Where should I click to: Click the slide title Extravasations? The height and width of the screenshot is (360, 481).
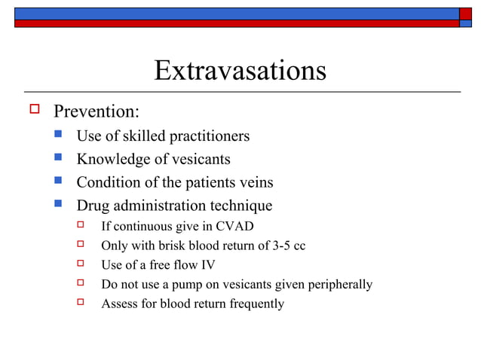click(x=240, y=71)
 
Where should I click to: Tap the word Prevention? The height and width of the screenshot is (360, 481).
click(x=96, y=111)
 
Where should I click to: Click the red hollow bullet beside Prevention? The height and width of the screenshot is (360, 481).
click(x=33, y=110)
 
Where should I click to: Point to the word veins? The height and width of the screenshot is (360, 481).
click(x=254, y=182)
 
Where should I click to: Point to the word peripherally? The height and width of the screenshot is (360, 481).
click(x=335, y=285)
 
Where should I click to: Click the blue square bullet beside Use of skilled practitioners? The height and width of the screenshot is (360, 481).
click(x=59, y=136)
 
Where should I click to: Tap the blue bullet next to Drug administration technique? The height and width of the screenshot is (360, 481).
click(x=59, y=204)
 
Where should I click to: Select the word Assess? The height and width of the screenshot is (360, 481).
click(x=118, y=304)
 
